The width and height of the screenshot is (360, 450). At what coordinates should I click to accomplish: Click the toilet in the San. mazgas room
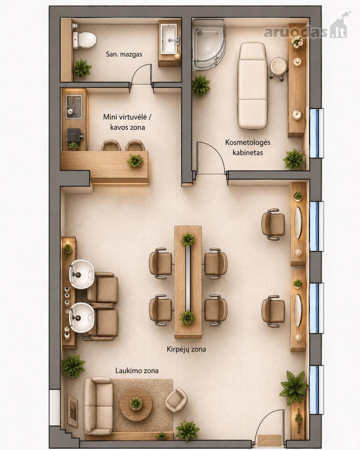click(x=83, y=40)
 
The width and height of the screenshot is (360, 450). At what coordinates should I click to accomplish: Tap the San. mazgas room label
click(x=123, y=54)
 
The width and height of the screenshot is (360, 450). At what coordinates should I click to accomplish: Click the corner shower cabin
click(x=208, y=44)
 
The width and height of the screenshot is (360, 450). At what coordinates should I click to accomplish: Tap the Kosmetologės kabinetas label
click(x=247, y=147)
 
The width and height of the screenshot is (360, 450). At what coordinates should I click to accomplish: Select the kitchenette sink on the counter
click(x=74, y=107)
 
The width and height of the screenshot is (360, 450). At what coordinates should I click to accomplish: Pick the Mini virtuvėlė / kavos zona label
click(x=127, y=122)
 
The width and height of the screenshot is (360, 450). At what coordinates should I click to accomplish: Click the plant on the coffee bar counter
click(x=135, y=160)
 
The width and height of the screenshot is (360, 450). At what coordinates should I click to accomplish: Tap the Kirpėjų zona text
click(x=186, y=349)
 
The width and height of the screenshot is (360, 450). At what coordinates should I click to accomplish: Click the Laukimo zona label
click(x=137, y=370)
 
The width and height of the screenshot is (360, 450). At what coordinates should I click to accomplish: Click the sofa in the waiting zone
click(x=98, y=406)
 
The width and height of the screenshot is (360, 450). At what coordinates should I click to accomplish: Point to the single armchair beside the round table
click(x=176, y=400)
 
